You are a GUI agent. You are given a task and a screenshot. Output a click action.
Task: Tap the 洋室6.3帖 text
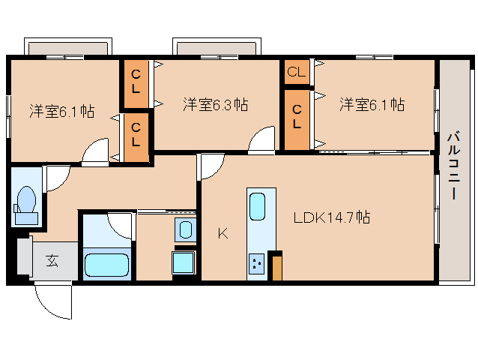click(216, 105)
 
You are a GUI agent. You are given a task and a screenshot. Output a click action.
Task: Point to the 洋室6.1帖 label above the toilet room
click(61, 111)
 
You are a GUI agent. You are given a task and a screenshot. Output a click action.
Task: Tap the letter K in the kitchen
click(223, 233)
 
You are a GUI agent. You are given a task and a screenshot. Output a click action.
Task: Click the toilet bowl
click(26, 202)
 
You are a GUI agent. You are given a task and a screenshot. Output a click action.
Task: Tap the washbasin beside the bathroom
click(184, 229)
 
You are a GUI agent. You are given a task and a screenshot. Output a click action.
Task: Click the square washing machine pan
click(184, 262)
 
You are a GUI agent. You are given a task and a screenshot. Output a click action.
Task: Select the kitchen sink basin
click(257, 205)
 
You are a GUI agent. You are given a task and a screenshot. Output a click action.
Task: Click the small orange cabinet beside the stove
click(277, 266)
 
